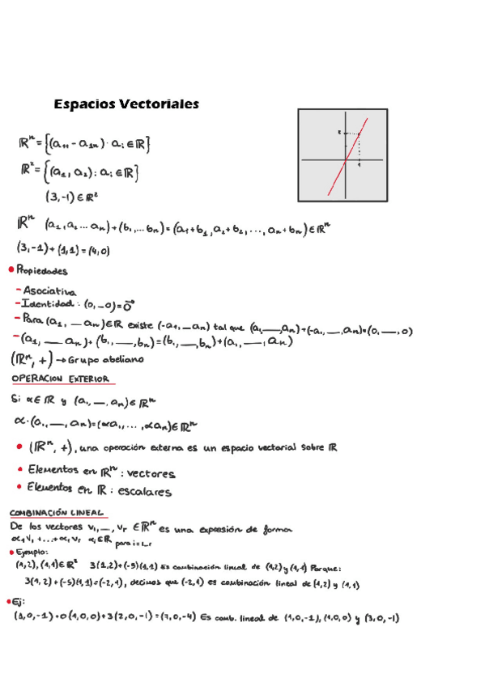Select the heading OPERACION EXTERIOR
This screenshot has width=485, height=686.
62,378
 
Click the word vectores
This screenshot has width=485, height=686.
149,472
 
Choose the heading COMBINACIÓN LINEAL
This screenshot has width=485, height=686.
56,512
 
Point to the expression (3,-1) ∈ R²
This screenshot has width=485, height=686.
71,195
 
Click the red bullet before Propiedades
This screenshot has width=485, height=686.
9,269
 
